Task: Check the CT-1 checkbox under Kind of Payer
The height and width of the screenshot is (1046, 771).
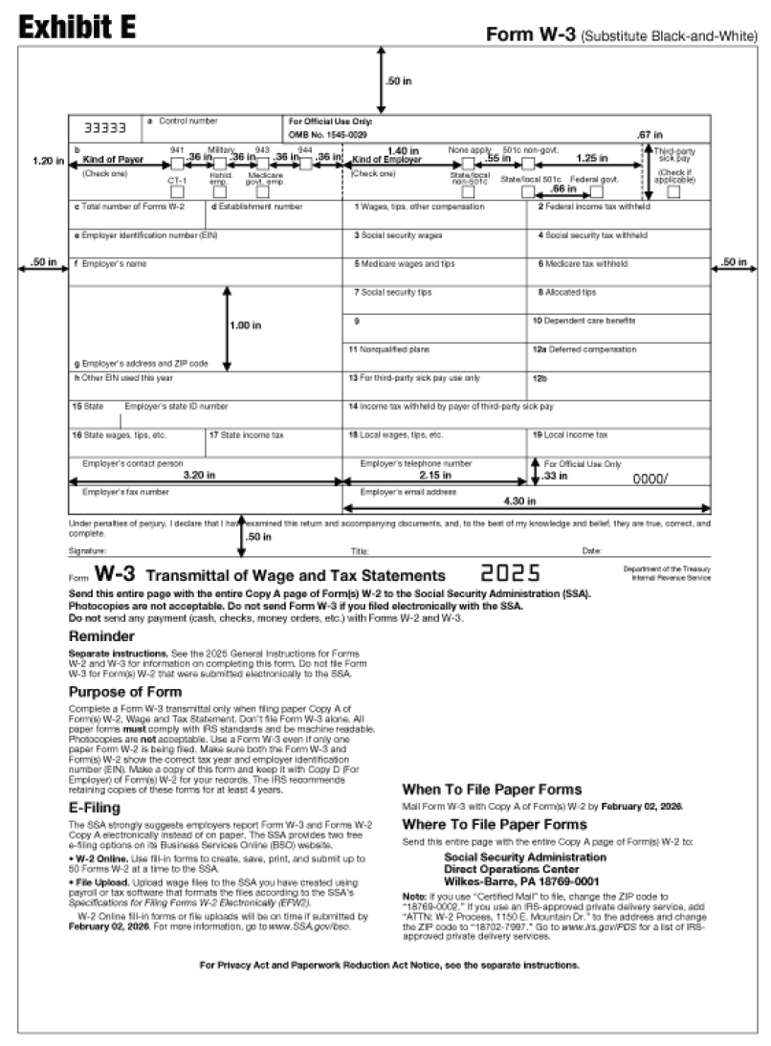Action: coord(177,191)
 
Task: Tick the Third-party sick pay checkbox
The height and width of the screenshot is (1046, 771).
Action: coord(674,191)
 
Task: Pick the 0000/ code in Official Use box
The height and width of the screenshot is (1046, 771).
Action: coord(653,478)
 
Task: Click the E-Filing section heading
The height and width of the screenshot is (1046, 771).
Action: coord(96,808)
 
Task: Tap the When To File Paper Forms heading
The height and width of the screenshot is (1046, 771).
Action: coord(492,790)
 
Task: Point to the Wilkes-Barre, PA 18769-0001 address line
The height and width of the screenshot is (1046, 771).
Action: coord(521,880)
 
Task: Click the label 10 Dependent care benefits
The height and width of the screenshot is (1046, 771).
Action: coord(584,321)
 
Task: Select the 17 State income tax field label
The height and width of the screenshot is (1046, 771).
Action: coord(248,434)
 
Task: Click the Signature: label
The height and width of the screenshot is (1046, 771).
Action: coord(88,551)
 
